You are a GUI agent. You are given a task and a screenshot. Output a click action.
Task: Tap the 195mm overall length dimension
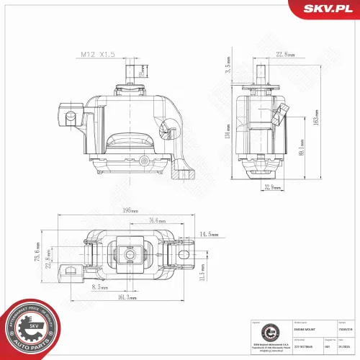click(130, 211)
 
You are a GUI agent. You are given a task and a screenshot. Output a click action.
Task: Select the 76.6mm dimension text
click(153, 221)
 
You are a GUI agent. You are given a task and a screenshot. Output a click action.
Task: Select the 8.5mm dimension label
click(100, 287)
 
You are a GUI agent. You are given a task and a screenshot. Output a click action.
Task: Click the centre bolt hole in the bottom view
click(130, 255)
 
